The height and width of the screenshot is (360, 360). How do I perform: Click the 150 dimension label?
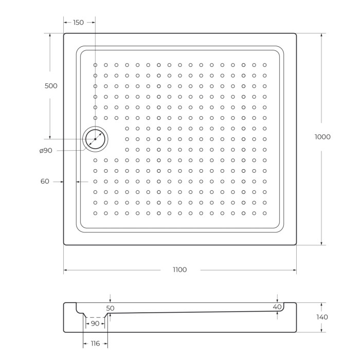78,23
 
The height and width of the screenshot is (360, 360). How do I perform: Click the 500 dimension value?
51,86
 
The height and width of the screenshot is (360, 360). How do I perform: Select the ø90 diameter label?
46,150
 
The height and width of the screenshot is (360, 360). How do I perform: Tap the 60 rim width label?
45,181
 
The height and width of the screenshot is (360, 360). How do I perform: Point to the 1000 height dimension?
322,137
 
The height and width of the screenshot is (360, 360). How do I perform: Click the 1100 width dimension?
179,270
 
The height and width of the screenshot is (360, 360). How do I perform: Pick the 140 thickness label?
322,317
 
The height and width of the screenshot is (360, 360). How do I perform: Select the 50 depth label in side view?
110,308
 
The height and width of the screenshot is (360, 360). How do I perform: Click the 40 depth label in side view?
277,307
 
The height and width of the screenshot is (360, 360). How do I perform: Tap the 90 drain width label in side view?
95,323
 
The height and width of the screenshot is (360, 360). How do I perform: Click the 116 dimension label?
95,343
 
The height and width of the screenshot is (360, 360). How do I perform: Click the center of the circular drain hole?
95,139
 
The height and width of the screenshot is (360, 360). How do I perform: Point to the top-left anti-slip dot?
95,65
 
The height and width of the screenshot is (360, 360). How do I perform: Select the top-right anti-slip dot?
265,65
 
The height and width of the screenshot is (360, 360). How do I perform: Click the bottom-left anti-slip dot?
95,213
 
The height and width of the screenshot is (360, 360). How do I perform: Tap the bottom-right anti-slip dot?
265,213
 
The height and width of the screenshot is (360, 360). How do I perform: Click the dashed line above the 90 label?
95,317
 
